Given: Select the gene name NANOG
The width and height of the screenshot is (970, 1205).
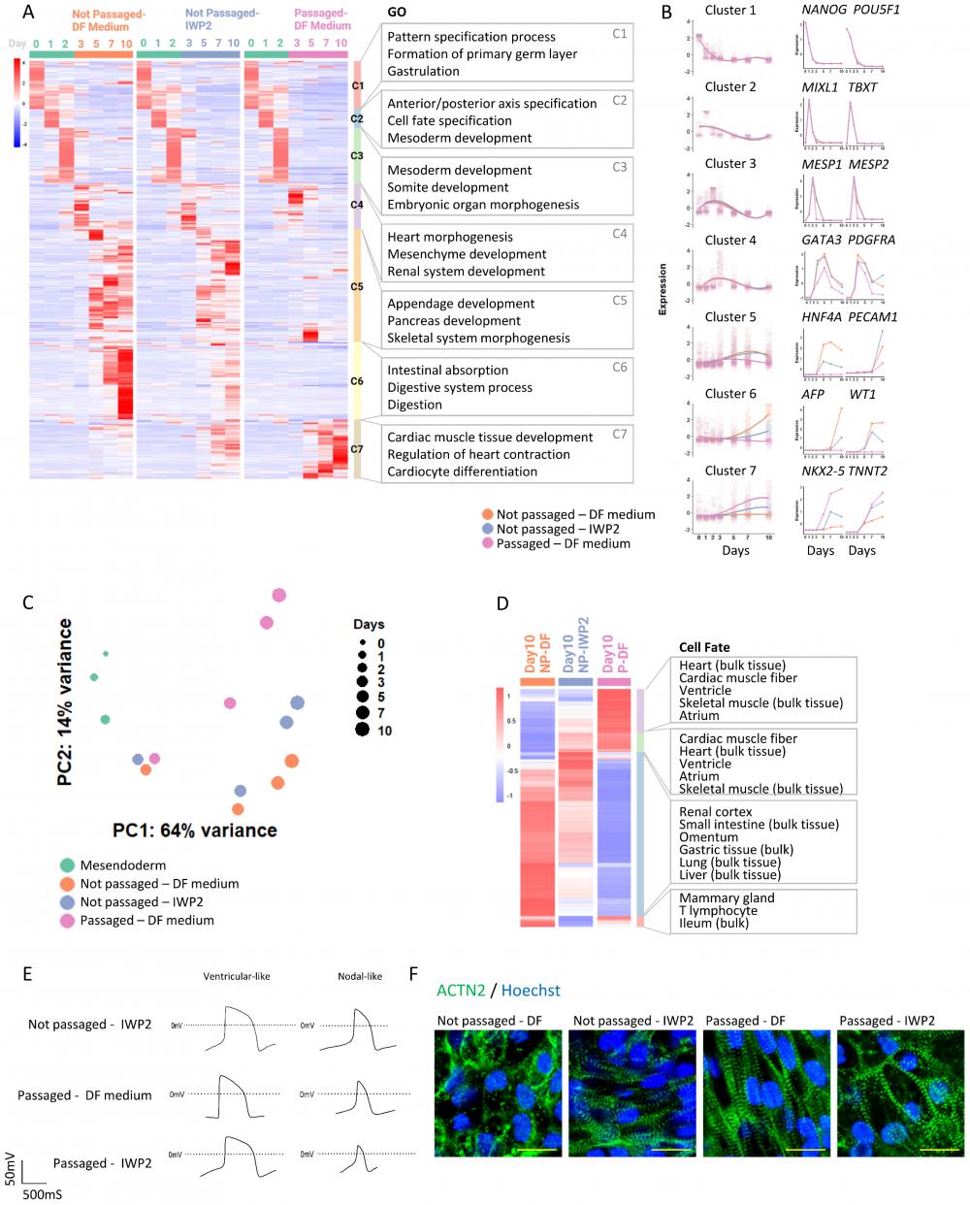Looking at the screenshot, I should pyautogui.click(x=823, y=10).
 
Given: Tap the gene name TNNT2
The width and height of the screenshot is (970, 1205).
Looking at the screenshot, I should pyautogui.click(x=868, y=471).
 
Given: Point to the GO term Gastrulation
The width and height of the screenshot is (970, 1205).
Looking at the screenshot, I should pyautogui.click(x=423, y=71).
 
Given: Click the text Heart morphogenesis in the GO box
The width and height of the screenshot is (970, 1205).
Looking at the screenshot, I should pyautogui.click(x=450, y=237).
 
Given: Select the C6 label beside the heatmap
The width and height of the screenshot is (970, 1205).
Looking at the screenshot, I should pyautogui.click(x=357, y=381).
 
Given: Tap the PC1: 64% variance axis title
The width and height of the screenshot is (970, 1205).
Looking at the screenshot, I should pyautogui.click(x=195, y=830).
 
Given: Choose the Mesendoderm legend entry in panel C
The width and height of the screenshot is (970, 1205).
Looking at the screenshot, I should pyautogui.click(x=122, y=864).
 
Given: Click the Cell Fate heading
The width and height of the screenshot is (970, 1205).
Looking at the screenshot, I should pyautogui.click(x=704, y=647).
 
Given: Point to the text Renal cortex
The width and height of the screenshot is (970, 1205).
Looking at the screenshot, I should pyautogui.click(x=716, y=812).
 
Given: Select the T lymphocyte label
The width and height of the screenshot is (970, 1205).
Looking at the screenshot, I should pyautogui.click(x=719, y=910).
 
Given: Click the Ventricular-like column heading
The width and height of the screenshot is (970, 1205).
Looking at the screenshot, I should pyautogui.click(x=237, y=976).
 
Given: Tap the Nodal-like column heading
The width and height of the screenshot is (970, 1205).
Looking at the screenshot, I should pyautogui.click(x=360, y=976).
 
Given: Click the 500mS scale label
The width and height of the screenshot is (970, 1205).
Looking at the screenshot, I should pyautogui.click(x=43, y=1194).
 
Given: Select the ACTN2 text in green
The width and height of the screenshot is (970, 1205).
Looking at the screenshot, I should pyautogui.click(x=461, y=991).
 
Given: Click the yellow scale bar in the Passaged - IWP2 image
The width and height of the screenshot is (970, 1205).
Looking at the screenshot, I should pyautogui.click(x=939, y=1149).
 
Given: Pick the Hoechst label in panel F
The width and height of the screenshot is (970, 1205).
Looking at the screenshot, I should pyautogui.click(x=531, y=991).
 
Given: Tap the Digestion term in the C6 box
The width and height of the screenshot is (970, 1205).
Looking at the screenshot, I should pyautogui.click(x=414, y=405).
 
